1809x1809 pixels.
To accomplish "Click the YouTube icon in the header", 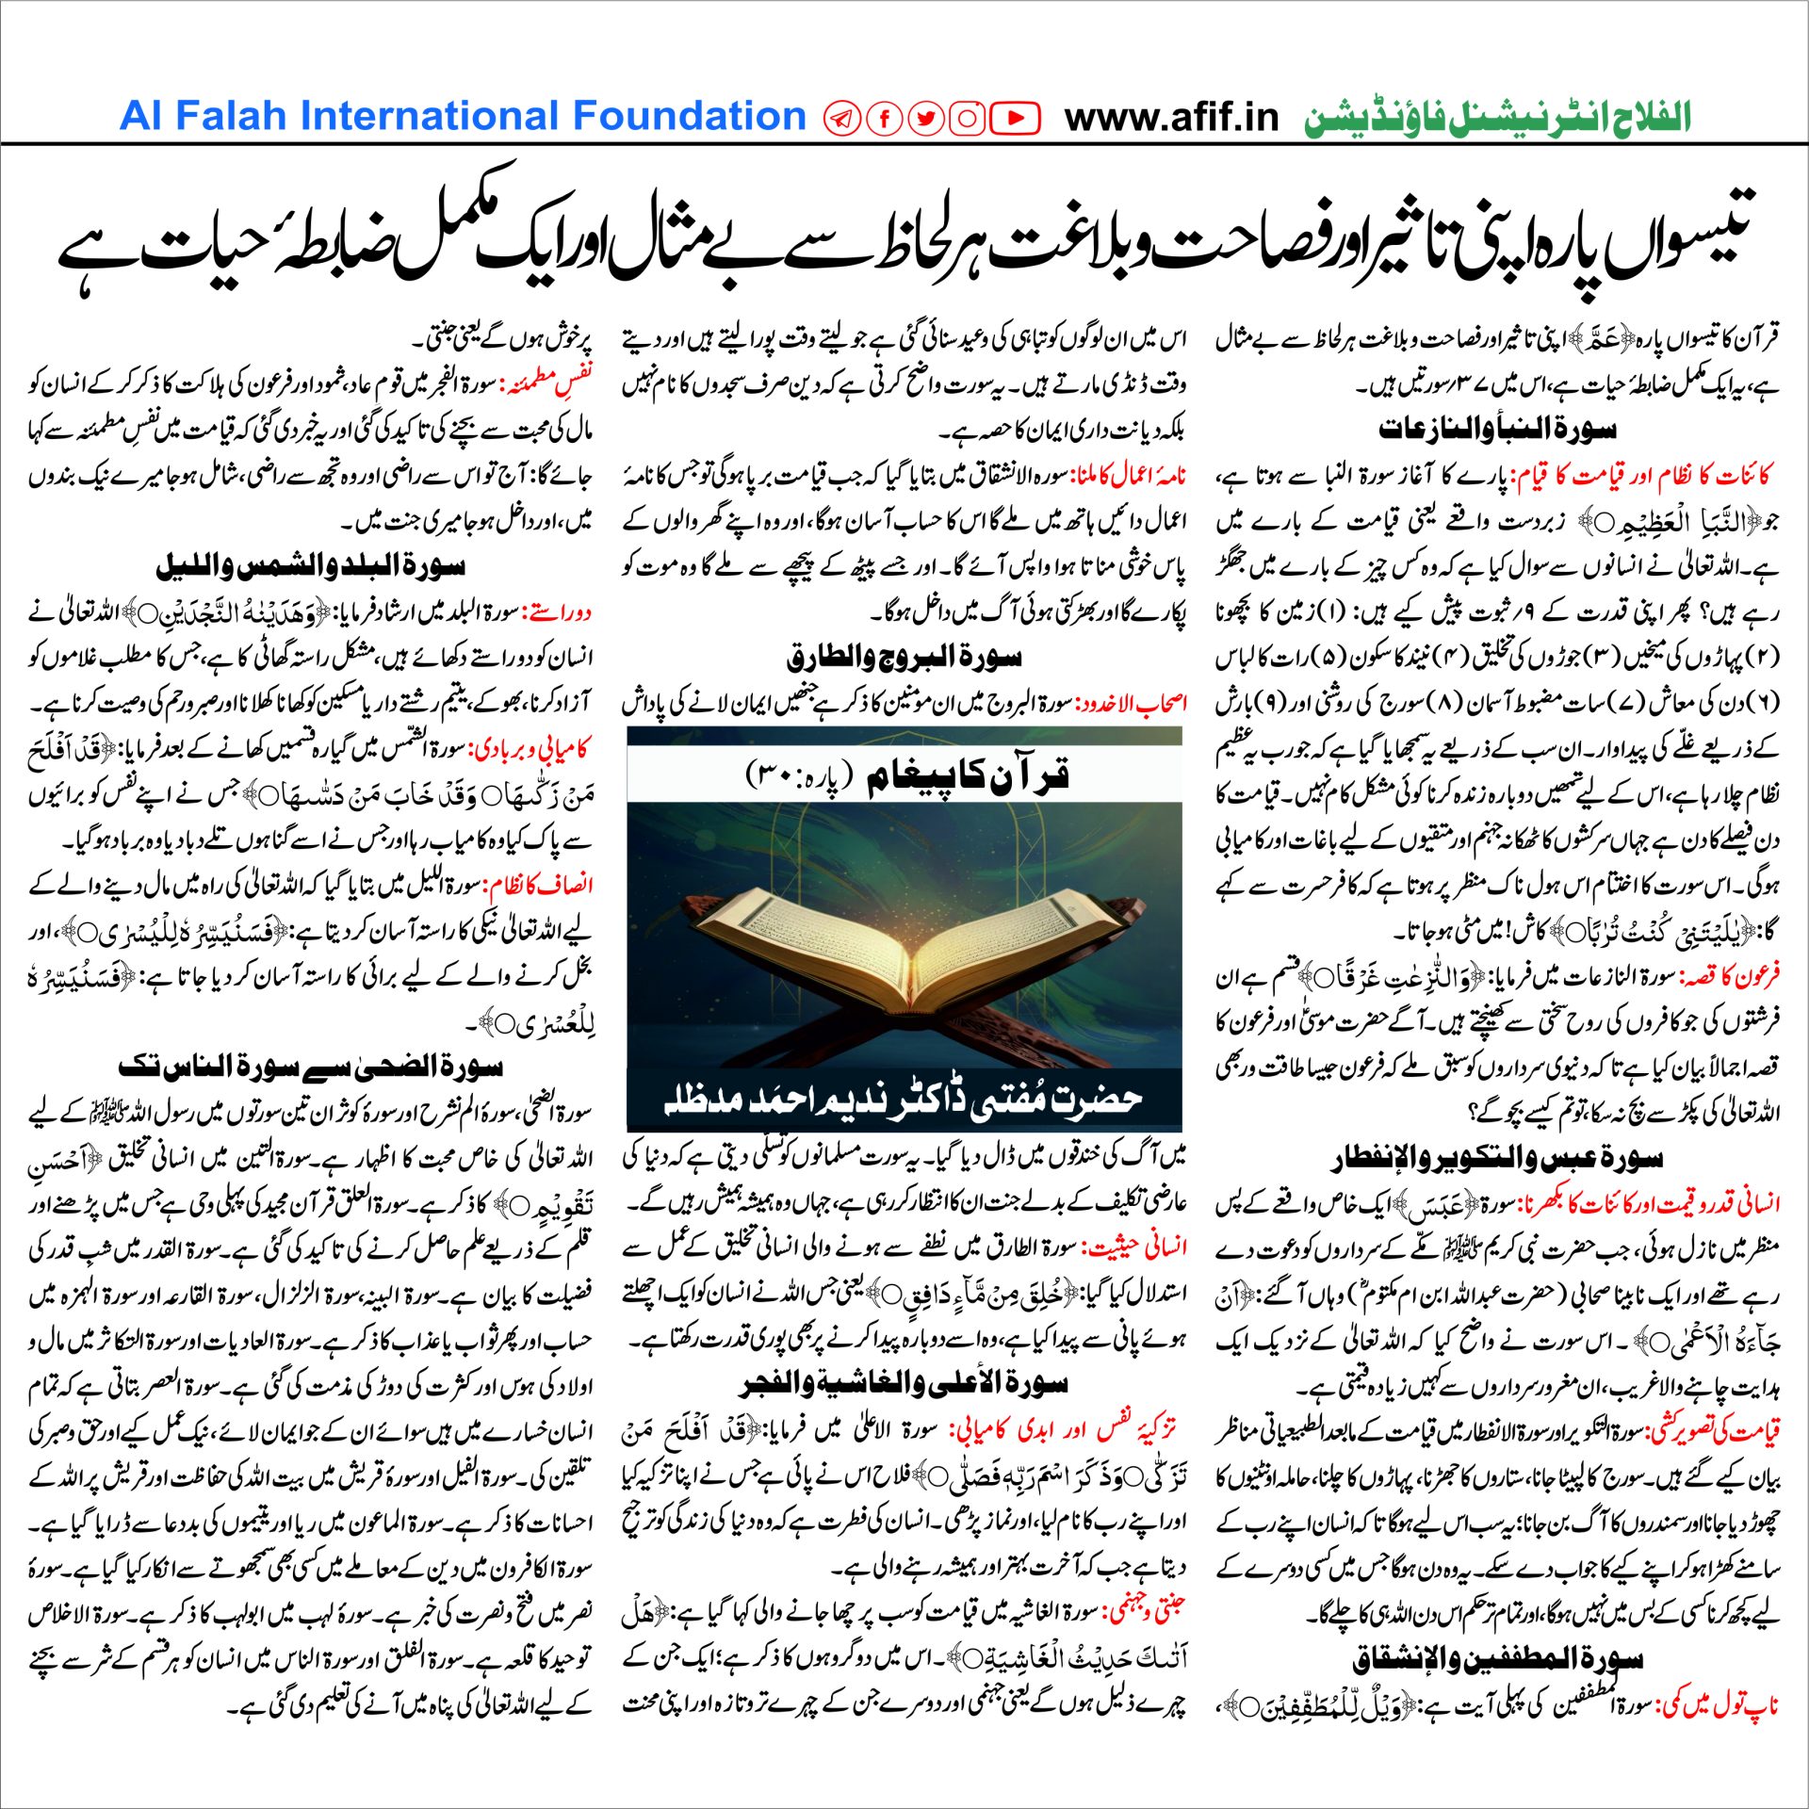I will (1015, 119).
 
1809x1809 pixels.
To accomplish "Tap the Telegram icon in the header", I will (841, 119).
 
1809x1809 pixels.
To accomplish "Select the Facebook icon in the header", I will (885, 119).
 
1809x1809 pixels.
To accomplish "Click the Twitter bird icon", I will (926, 119).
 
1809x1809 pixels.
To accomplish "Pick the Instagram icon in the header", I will (967, 119).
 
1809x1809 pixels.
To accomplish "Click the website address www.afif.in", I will (1171, 118).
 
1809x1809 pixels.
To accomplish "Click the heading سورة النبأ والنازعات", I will (1497, 430).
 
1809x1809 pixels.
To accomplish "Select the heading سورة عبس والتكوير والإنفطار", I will (1497, 1158).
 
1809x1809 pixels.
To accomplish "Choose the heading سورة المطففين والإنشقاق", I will (1497, 1659).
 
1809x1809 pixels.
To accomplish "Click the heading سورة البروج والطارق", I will (904, 657).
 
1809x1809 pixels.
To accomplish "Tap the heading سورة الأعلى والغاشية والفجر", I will (904, 1384).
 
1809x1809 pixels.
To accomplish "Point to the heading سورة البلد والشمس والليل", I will (310, 566).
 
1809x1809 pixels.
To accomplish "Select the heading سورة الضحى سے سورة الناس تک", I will (310, 1067).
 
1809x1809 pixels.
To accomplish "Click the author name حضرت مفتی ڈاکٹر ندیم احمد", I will (904, 1100).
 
